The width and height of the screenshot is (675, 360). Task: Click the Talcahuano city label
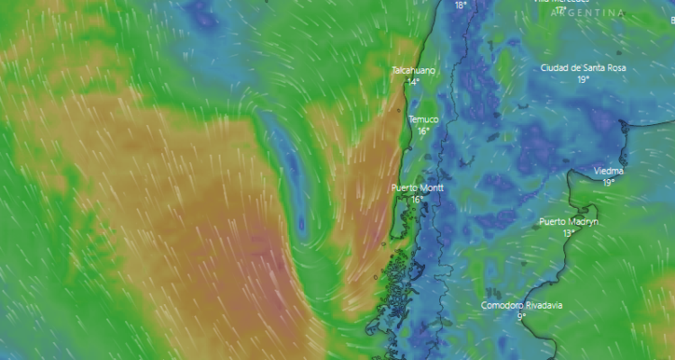(x=414, y=70)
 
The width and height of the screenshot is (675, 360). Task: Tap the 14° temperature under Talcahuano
(x=413, y=82)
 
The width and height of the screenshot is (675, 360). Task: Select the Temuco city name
(x=423, y=120)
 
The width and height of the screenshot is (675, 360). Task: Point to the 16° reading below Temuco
(x=423, y=131)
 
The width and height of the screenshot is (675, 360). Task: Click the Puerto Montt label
(x=418, y=188)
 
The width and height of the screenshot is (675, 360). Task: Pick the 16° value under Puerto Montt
(x=417, y=200)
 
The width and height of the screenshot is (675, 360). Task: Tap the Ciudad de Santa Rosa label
(x=582, y=68)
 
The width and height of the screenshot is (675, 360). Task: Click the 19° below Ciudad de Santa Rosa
(x=583, y=80)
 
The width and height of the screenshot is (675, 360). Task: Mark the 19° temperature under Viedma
(x=609, y=183)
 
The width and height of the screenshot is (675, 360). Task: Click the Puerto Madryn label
(x=569, y=221)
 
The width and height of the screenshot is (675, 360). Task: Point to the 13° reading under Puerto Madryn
(x=569, y=233)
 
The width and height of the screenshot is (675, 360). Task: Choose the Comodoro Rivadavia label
(x=521, y=305)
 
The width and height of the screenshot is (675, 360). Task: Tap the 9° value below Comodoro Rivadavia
(x=521, y=317)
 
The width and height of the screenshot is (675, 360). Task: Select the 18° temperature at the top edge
(x=461, y=5)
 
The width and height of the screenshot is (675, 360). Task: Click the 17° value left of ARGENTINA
(x=561, y=12)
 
